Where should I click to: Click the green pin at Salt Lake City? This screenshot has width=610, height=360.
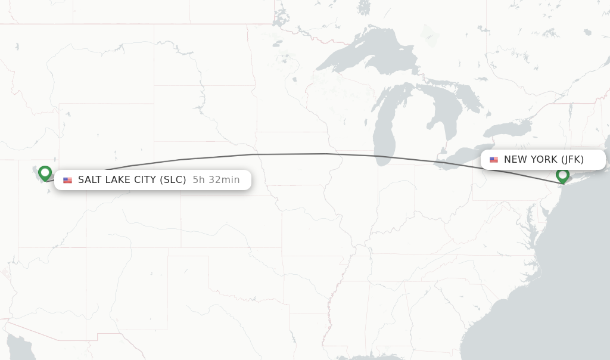tap(45, 173)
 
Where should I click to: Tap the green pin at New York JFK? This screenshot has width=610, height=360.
tap(562, 175)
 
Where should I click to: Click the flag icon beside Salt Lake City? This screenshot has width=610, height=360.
tap(67, 180)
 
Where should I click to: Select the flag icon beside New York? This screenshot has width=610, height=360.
tap(494, 160)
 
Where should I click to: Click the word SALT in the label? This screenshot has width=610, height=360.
tap(89, 180)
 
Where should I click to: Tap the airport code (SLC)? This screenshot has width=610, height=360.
tap(173, 180)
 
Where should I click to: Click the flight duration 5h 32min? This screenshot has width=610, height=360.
tap(216, 180)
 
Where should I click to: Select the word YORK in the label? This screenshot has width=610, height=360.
tap(543, 160)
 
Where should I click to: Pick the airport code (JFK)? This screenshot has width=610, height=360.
tap(572, 160)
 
